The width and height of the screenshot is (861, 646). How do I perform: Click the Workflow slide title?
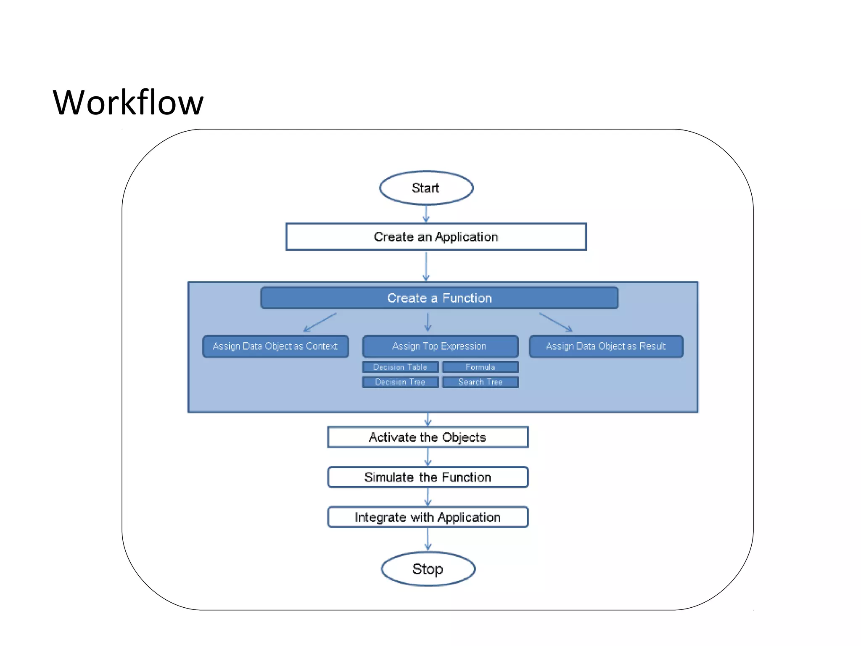128,103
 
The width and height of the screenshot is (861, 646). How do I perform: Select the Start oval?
426,188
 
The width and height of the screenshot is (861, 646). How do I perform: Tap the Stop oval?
428,569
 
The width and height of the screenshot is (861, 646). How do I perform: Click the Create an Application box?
436,237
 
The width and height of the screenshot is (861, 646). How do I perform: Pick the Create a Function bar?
439,298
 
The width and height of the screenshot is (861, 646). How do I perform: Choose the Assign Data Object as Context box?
275,347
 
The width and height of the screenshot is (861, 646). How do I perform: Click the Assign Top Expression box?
440,347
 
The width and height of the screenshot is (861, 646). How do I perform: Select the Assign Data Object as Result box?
606,347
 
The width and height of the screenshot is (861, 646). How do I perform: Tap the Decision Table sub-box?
400,367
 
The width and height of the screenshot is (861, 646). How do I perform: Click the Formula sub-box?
480,367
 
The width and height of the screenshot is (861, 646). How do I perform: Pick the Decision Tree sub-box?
400,382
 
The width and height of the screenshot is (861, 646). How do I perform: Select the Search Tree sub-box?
480,382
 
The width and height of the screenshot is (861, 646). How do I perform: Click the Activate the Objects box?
428,437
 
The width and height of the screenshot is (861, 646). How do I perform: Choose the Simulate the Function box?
428,477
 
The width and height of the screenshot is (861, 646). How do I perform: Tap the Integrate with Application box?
428,517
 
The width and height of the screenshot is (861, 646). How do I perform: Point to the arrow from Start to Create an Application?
426,214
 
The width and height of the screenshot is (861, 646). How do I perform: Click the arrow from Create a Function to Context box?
320,323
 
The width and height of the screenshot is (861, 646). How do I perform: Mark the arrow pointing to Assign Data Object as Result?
556,322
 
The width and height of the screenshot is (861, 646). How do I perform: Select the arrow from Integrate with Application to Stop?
428,539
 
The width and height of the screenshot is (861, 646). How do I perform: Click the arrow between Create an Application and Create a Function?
426,267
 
